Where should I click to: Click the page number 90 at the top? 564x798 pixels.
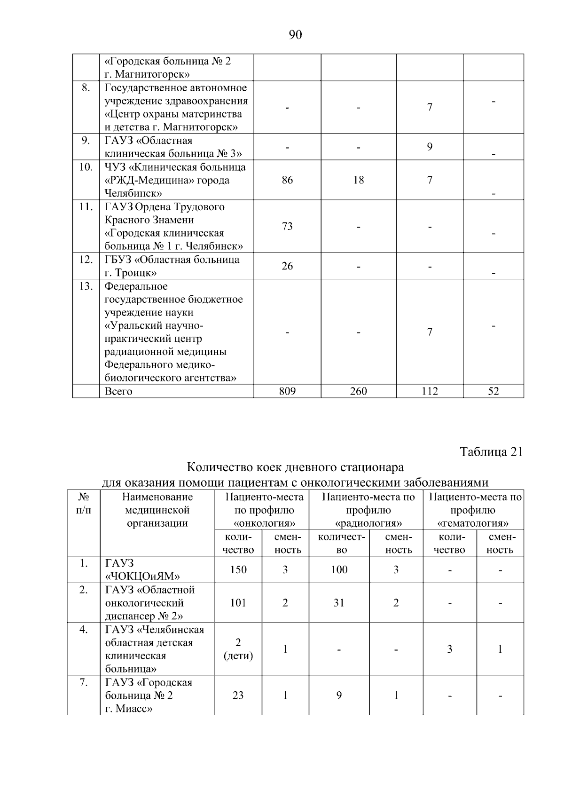(x=295, y=35)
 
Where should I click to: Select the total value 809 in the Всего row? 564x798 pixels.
(x=287, y=391)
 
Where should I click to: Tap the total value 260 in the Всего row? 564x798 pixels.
(x=359, y=391)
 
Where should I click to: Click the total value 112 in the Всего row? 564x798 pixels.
(x=430, y=391)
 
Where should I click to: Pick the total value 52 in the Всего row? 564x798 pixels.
(x=493, y=391)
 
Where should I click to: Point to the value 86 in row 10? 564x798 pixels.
(x=287, y=180)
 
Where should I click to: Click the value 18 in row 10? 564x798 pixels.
(x=359, y=180)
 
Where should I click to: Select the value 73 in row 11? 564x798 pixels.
(x=287, y=226)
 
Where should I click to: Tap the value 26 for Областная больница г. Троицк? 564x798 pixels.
(x=287, y=266)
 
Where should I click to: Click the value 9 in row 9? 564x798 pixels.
(x=430, y=147)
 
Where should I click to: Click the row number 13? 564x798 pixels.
(x=86, y=286)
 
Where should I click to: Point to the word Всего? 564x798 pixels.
(x=118, y=391)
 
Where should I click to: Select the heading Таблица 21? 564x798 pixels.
(x=491, y=452)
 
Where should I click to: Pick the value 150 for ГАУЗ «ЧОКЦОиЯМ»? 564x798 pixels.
(x=238, y=569)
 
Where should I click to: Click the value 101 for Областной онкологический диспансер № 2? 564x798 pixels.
(x=238, y=603)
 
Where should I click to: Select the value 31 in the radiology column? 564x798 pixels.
(x=339, y=603)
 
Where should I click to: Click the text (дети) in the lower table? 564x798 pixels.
(x=238, y=656)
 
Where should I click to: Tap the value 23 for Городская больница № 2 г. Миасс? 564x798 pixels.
(x=238, y=695)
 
